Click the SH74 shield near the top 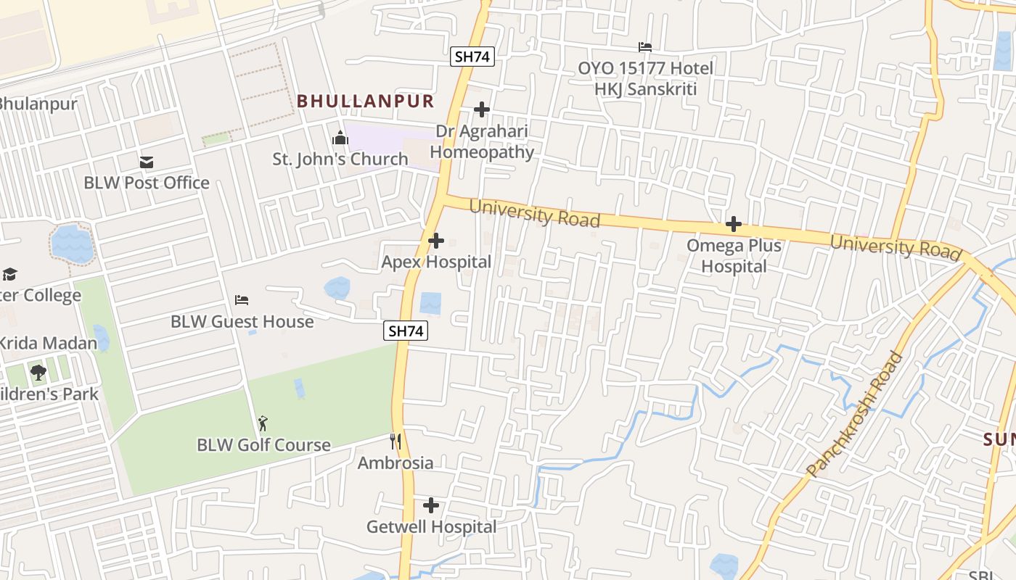pyautogui.click(x=472, y=57)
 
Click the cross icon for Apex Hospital pyautogui.click(x=436, y=240)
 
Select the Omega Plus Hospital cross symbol pyautogui.click(x=734, y=224)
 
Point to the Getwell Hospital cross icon pyautogui.click(x=431, y=505)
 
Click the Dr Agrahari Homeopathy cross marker pyautogui.click(x=482, y=109)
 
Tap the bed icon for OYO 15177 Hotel pyautogui.click(x=645, y=47)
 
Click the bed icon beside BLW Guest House pyautogui.click(x=242, y=299)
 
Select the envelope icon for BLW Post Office pyautogui.click(x=147, y=162)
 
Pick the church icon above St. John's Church pyautogui.click(x=340, y=138)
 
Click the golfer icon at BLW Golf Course pyautogui.click(x=263, y=423)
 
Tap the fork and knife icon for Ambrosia pyautogui.click(x=396, y=442)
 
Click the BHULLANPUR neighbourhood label pyautogui.click(x=365, y=101)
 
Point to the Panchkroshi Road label pyautogui.click(x=856, y=415)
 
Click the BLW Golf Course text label pyautogui.click(x=263, y=444)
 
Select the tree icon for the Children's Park pyautogui.click(x=38, y=373)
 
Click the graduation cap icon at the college pyautogui.click(x=9, y=274)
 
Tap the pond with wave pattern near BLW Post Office pyautogui.click(x=72, y=244)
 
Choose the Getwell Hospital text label pyautogui.click(x=431, y=527)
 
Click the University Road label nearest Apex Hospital pyautogui.click(x=534, y=213)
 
